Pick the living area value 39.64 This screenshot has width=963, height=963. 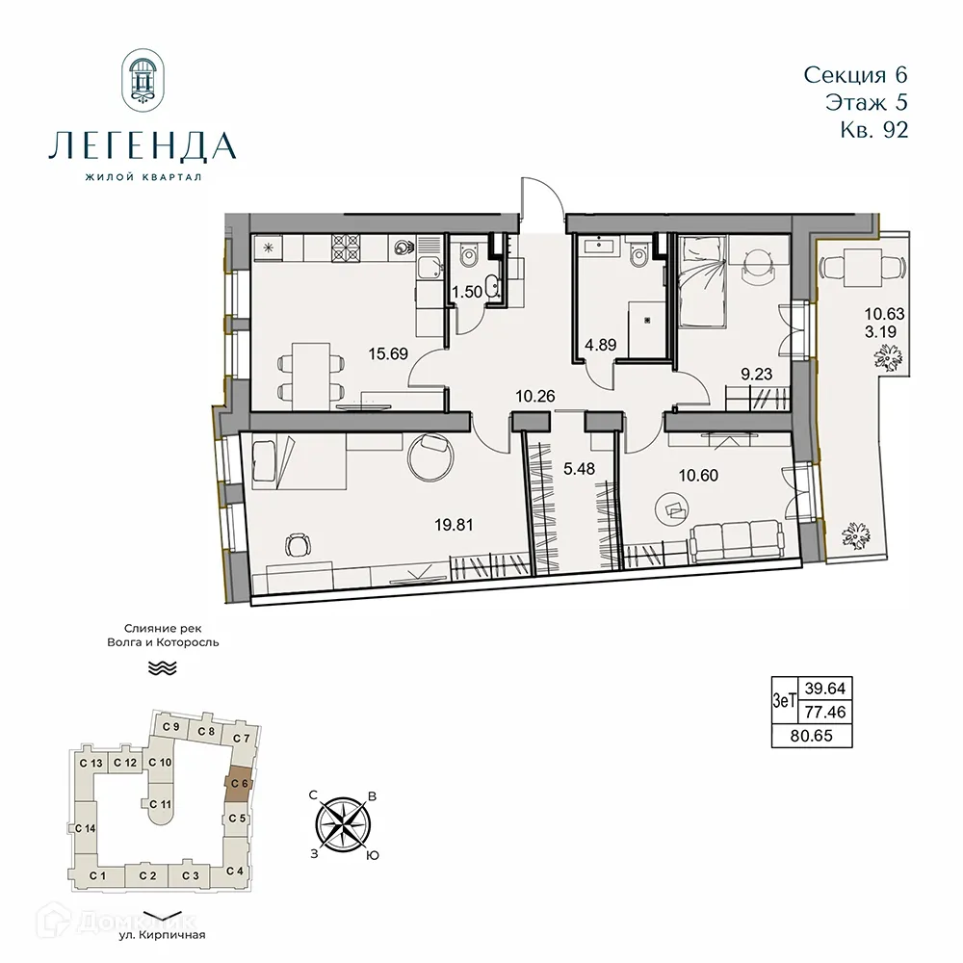pyautogui.click(x=820, y=688)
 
